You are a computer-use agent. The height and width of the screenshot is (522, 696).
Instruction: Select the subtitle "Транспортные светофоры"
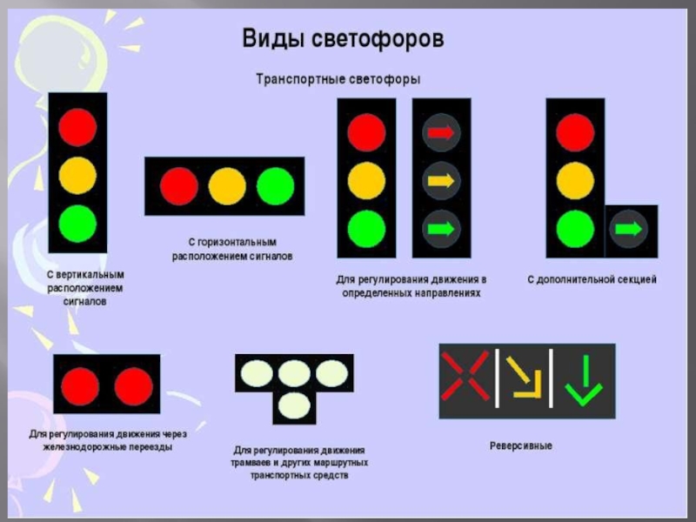[x=338, y=79]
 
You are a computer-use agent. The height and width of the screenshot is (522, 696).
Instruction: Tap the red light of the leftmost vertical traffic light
[x=77, y=128]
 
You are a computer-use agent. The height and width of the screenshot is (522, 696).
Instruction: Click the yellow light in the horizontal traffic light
[x=227, y=185]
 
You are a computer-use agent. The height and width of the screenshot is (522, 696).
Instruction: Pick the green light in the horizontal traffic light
[x=276, y=185]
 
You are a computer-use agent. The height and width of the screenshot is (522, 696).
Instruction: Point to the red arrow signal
[x=439, y=133]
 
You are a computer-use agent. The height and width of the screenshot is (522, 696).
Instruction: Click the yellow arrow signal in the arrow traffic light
[x=439, y=182]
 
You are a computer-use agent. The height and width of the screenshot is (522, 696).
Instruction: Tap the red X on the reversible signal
[x=465, y=376]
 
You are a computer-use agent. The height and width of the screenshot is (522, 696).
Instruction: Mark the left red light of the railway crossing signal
[x=80, y=384]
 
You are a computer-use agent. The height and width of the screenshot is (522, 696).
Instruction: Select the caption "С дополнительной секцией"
[x=592, y=280]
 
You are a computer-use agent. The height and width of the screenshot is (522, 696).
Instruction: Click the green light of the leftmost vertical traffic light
[x=77, y=223]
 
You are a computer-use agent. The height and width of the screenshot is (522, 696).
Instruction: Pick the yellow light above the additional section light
[x=574, y=181]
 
